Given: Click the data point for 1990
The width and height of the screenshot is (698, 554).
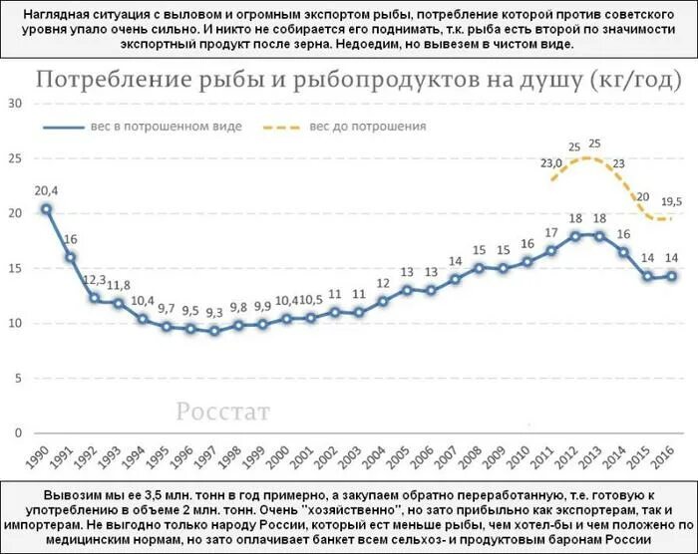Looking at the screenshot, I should tap(46, 209).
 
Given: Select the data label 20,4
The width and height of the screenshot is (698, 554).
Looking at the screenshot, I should tap(46, 191).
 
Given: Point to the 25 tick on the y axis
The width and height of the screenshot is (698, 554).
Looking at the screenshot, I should tap(14, 158).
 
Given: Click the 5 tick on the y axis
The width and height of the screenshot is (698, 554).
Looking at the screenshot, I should tap(17, 379).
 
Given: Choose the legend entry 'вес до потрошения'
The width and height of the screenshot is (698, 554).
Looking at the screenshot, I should tap(367, 127).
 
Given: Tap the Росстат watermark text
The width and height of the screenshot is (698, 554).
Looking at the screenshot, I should tap(223, 411).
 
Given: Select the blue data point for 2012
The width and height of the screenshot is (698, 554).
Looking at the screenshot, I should tap(575, 236).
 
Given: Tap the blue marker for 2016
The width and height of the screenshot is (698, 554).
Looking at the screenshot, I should tap(672, 276).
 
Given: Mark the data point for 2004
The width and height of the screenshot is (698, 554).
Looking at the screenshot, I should tap(383, 301).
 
